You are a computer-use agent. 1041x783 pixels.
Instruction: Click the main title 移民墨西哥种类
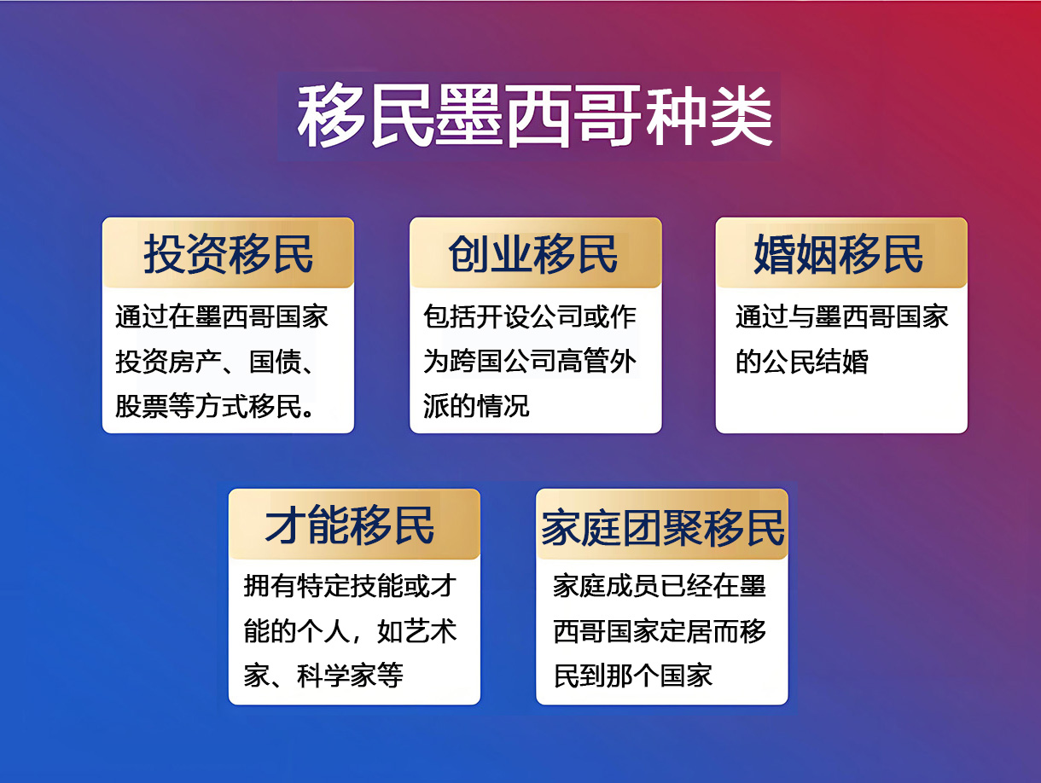point(535,117)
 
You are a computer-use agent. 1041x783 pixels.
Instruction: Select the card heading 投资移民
point(228,254)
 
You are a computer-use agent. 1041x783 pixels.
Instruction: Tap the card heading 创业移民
point(533,254)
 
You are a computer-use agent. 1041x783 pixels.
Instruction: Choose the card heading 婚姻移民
point(839,254)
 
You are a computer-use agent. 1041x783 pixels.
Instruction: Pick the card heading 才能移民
point(350,525)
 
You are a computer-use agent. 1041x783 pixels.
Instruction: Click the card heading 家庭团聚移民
point(662,528)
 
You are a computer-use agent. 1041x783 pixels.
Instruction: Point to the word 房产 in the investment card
point(195,362)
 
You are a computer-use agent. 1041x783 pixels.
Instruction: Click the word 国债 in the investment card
point(276,362)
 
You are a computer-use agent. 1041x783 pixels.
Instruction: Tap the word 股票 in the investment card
point(142,406)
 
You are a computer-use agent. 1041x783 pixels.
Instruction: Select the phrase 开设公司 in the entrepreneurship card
point(530,316)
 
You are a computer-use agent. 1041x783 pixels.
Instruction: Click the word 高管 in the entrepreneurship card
point(583,362)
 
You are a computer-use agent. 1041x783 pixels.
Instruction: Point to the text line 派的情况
point(476,406)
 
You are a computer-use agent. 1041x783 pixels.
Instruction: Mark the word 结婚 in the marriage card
point(842,362)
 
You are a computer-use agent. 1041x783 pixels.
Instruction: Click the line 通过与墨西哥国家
point(842,316)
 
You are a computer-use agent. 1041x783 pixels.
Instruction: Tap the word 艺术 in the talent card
point(430,631)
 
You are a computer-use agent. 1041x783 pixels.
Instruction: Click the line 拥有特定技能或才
point(350,586)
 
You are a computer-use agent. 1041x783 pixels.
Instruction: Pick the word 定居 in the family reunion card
point(686,631)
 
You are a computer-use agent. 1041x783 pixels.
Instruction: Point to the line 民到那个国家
point(633,676)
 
